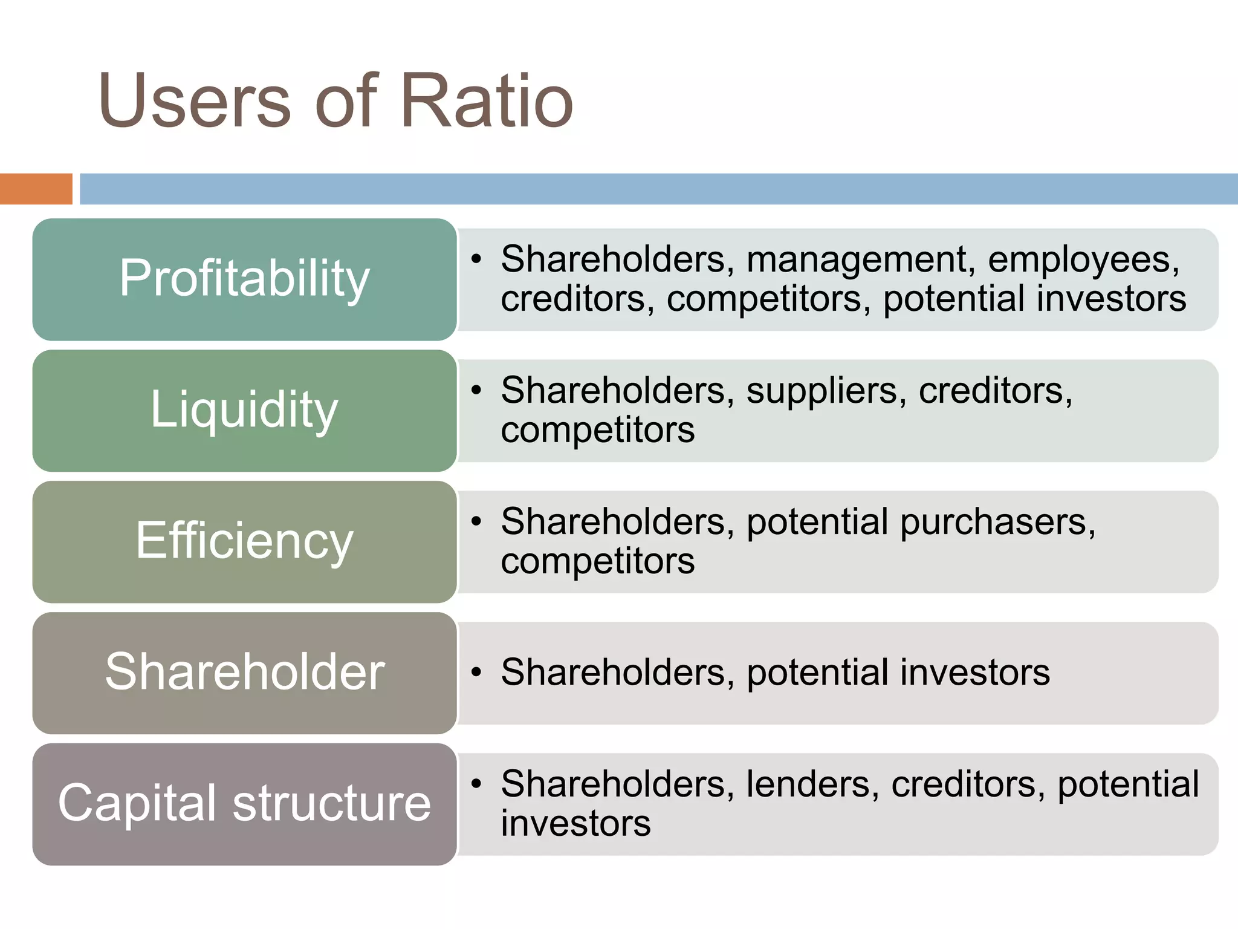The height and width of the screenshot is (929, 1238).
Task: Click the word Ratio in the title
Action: coord(487,101)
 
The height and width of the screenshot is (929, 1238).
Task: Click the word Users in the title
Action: coord(195,101)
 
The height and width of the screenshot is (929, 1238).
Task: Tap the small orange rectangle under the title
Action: coord(36,189)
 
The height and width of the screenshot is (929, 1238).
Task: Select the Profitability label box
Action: coord(244,279)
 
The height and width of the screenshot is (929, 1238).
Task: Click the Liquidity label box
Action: coord(244,410)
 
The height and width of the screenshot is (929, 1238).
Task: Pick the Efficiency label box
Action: coord(244,541)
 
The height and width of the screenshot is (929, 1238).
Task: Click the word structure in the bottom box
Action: coord(332,803)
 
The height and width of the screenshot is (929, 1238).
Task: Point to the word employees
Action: coord(1083,260)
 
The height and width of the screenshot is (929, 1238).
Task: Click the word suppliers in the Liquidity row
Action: coord(826,391)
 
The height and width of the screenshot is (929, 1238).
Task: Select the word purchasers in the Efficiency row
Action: coord(997,522)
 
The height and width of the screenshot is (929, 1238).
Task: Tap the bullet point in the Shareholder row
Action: coord(476,672)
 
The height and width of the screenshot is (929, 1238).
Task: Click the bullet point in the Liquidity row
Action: coord(476,390)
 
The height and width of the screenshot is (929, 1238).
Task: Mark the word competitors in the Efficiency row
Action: coord(597,562)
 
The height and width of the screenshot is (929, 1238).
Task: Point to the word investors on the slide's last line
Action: coord(575,824)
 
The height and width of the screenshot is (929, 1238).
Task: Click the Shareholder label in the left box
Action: coord(244,672)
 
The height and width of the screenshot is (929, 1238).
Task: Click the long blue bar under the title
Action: coord(658,189)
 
